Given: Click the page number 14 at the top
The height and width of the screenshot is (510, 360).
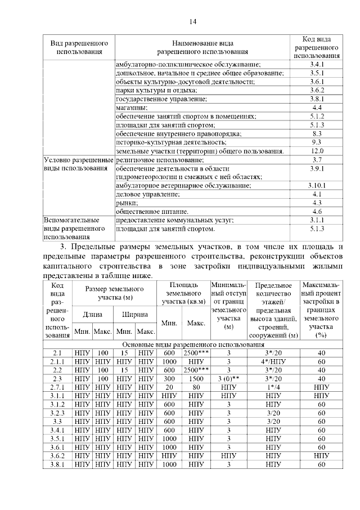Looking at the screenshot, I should [x=192, y=22].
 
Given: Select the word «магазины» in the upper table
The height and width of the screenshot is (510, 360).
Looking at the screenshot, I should [x=132, y=107].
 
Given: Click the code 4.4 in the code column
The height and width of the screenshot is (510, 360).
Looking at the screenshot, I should [x=317, y=107].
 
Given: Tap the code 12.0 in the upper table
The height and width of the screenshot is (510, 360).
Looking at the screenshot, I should [x=317, y=151].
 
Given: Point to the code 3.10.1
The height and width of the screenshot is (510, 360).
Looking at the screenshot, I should [x=317, y=185].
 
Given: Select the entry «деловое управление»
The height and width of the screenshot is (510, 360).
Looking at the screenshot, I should [x=148, y=194].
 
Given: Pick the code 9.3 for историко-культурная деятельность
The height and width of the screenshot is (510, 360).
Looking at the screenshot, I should [x=317, y=142].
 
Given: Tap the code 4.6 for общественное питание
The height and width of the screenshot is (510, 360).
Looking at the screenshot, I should [x=317, y=211].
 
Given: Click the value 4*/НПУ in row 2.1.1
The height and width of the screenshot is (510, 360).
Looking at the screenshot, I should [x=273, y=361].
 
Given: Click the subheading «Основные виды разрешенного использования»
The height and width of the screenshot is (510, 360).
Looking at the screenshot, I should [x=193, y=344].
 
